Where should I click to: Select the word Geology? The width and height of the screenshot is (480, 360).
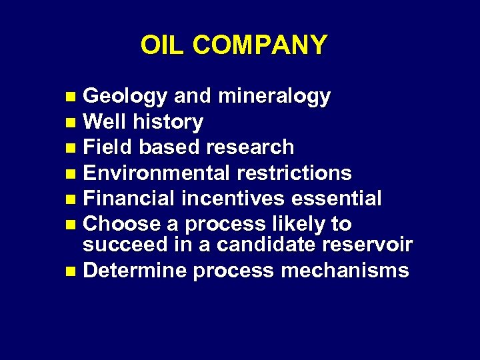tap(125, 97)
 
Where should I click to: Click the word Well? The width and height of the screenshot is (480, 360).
tap(106, 122)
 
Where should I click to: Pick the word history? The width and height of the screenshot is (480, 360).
tap(168, 122)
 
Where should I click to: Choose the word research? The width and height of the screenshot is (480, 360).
tap(250, 147)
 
